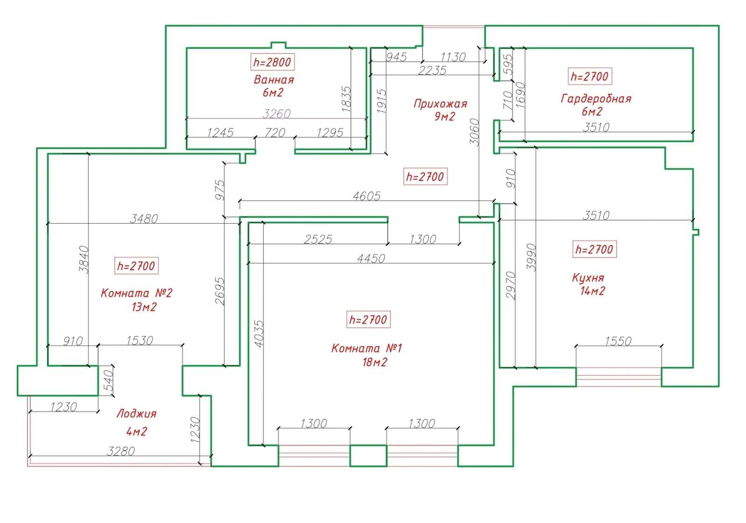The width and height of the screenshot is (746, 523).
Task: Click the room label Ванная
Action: (x=274, y=80)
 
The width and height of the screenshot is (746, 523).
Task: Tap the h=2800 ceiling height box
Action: (x=272, y=62)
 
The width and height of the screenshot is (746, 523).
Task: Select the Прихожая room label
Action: (x=440, y=104)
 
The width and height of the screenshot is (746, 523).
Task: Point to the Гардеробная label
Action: (x=596, y=99)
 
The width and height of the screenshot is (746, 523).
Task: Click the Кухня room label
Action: (x=588, y=278)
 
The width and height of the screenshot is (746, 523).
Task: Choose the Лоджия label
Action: (x=137, y=414)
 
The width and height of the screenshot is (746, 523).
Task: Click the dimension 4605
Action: (x=366, y=196)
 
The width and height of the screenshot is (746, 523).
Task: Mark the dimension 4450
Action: (x=371, y=259)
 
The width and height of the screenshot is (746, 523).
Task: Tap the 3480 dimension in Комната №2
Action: (x=144, y=219)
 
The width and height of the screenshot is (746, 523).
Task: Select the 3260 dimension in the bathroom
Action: (x=276, y=114)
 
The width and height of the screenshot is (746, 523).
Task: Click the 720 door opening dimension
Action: (x=275, y=133)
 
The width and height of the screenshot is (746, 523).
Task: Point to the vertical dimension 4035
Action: (x=259, y=334)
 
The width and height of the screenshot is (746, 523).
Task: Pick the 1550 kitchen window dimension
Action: (x=618, y=341)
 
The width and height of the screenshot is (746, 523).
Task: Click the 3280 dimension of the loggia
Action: (x=121, y=451)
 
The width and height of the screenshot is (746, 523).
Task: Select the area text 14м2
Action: (x=593, y=291)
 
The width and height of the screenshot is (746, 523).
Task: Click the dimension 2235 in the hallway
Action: (x=432, y=71)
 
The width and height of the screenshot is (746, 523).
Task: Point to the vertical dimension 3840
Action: (x=84, y=260)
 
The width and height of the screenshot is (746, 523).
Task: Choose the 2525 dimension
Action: (x=318, y=240)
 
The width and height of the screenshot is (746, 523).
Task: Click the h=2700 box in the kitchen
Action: (x=594, y=249)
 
